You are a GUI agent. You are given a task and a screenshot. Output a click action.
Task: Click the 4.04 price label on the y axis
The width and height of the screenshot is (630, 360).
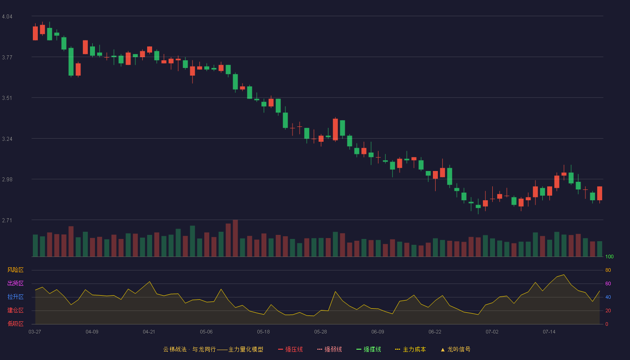click(x=7, y=17)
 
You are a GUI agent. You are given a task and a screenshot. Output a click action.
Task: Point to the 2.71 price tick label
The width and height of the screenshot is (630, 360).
click(x=7, y=220)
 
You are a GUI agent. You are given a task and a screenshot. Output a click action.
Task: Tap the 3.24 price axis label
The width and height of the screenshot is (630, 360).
click(x=7, y=139)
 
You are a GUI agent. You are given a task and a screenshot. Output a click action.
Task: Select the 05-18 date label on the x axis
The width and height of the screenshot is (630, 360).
click(x=263, y=332)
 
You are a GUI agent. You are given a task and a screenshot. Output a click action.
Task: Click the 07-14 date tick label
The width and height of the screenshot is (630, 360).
click(x=549, y=332)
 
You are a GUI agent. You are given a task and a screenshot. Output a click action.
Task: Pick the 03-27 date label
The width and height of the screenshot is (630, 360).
click(x=35, y=332)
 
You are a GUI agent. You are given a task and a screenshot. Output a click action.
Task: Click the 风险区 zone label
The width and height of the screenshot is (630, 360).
click(x=15, y=270)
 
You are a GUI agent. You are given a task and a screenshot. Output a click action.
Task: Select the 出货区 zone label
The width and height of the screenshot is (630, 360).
click(x=15, y=283)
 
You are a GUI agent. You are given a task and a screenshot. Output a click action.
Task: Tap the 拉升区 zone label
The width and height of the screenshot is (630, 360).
click(x=15, y=297)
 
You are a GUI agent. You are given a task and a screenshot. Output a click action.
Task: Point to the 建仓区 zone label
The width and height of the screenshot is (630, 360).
click(x=15, y=310)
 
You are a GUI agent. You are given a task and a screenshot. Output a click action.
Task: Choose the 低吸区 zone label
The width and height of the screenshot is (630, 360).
click(x=15, y=324)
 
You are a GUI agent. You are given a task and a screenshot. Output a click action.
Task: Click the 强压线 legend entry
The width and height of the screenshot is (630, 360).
click(x=290, y=349)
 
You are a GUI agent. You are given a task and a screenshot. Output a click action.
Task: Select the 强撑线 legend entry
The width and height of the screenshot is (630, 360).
click(x=369, y=349)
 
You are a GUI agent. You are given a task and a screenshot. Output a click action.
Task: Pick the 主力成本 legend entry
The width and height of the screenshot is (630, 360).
click(x=410, y=349)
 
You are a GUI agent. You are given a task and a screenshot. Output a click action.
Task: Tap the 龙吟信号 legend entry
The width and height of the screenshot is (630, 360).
click(x=455, y=349)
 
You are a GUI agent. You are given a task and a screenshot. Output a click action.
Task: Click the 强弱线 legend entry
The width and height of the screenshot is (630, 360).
click(x=329, y=349)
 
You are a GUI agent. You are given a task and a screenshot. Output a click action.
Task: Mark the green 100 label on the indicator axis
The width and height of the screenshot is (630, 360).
click(x=609, y=256)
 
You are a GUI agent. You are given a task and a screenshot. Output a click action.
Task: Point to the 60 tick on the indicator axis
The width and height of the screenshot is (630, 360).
click(x=608, y=283)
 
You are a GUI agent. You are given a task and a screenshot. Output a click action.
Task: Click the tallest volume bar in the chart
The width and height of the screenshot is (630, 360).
click(x=235, y=238)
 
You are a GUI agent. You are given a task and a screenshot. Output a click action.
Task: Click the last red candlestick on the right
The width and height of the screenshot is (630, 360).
click(x=599, y=193)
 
